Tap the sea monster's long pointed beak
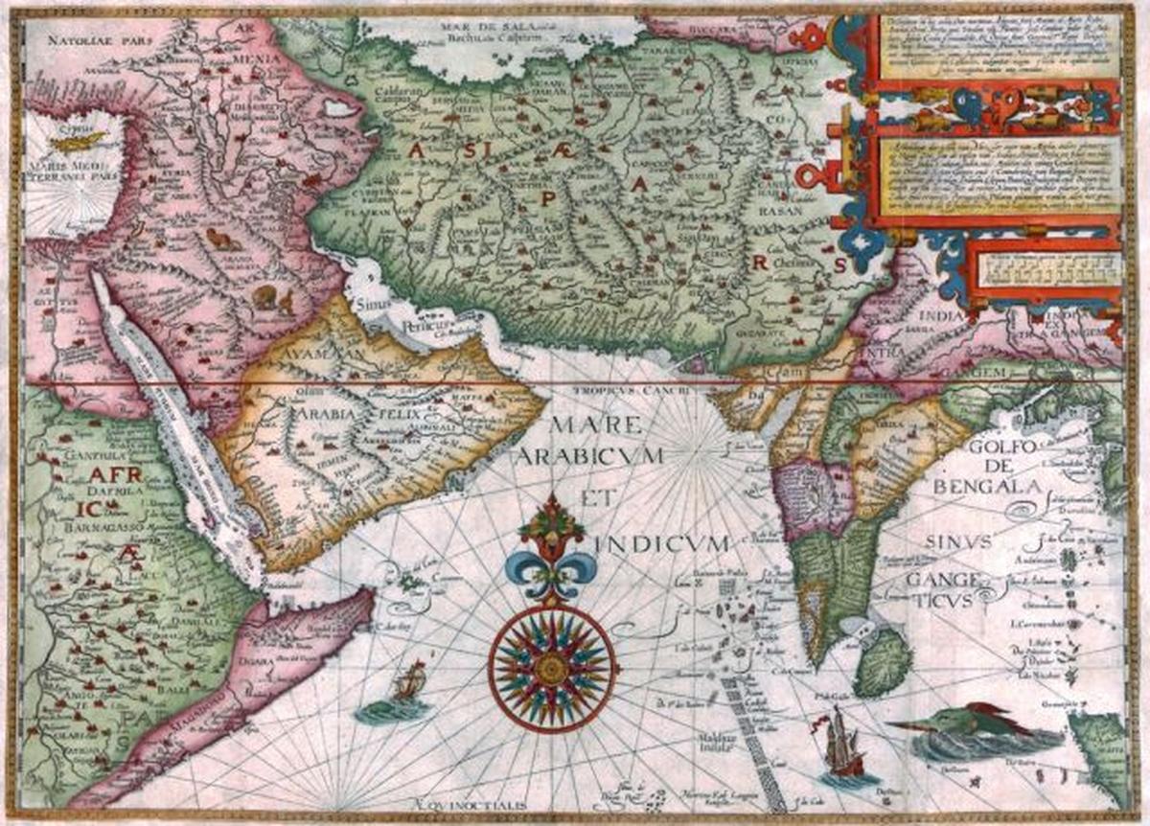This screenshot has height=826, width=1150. (915, 725)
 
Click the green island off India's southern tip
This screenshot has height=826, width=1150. (883, 661)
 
